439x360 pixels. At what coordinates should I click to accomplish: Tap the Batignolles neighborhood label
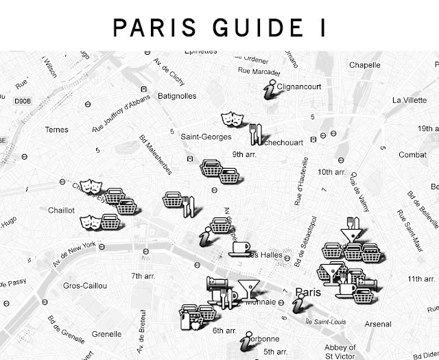[x=177, y=96]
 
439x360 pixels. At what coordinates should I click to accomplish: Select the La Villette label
[x=409, y=100]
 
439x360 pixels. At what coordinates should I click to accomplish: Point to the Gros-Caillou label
[x=82, y=285]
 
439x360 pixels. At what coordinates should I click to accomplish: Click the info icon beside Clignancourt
[x=272, y=89]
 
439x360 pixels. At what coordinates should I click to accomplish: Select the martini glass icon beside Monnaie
[x=248, y=288]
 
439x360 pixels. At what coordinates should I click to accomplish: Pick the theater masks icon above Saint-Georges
[x=230, y=119]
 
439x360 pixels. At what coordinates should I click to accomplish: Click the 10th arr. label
[x=334, y=172]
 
